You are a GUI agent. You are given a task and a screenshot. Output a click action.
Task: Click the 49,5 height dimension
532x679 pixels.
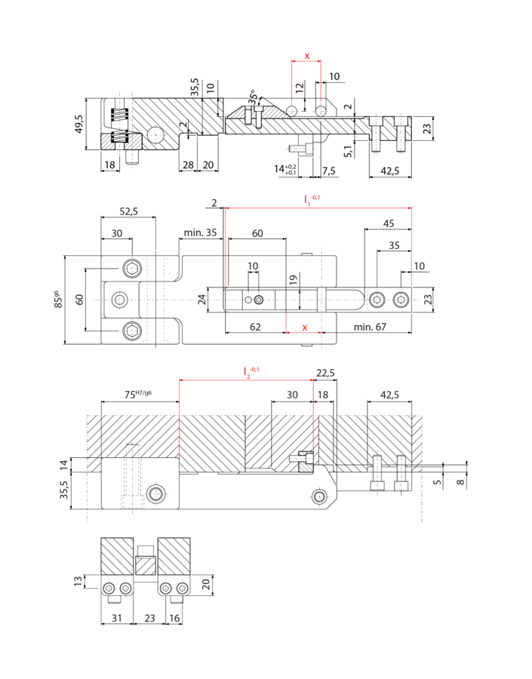(x=78, y=124)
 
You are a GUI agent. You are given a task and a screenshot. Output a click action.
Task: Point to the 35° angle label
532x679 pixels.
(x=252, y=97)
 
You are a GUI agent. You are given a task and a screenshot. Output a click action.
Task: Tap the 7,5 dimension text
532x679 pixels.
(x=329, y=171)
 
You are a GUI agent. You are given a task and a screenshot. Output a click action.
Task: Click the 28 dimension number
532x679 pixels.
(x=188, y=165)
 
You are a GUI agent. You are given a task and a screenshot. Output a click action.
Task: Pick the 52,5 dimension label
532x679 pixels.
(x=129, y=211)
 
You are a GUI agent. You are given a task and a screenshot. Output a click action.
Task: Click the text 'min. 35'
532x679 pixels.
(x=200, y=232)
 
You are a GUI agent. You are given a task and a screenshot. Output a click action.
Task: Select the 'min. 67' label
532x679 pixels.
(x=370, y=327)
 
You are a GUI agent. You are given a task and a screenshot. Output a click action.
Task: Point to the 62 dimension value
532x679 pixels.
(x=255, y=327)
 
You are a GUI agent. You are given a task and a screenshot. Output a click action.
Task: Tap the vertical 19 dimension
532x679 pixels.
(x=294, y=280)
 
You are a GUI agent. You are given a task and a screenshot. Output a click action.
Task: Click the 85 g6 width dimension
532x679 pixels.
(x=58, y=300)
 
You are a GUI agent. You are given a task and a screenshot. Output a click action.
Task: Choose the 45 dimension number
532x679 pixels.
(x=389, y=223)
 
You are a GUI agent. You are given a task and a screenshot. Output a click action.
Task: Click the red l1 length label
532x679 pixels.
(x=312, y=200)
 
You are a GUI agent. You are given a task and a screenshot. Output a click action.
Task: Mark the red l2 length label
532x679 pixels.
(x=251, y=371)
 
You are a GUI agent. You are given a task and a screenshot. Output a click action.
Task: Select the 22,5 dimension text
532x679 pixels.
(x=325, y=373)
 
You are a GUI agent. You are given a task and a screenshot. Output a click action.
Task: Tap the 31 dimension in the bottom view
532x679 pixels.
(x=116, y=618)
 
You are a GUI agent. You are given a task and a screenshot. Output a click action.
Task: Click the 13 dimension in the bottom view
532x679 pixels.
(x=78, y=581)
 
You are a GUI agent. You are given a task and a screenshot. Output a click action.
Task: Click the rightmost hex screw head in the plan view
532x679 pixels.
(x=401, y=300)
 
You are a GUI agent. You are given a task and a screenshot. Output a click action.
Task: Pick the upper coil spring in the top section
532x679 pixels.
(x=118, y=115)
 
